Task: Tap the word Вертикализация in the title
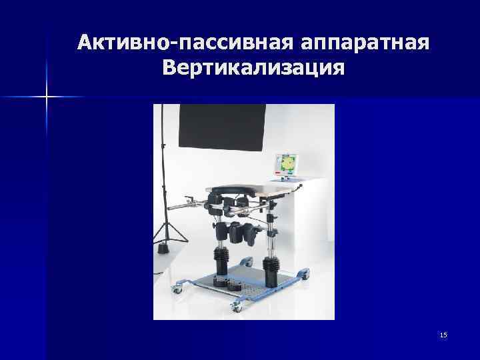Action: tap(253, 69)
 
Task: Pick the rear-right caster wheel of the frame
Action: tap(305, 273)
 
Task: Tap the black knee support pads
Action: tap(242, 233)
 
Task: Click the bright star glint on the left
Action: tap(47, 97)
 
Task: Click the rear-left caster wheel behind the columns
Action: tap(248, 261)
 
